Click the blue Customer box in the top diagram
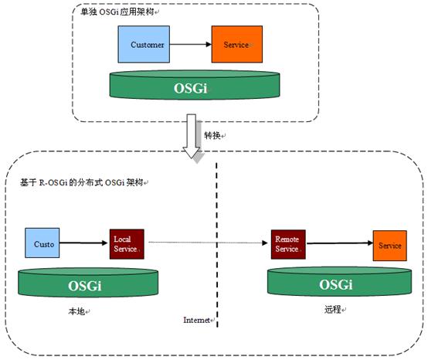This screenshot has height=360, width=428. (144, 44)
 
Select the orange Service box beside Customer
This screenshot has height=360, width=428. (237, 44)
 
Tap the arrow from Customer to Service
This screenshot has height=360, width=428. (191, 44)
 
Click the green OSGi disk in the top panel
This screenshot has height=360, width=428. (195, 85)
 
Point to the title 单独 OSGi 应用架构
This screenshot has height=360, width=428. (117, 12)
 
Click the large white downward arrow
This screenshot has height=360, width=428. (192, 136)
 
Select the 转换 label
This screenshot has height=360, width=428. (212, 135)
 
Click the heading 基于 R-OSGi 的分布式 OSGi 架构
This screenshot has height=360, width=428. (81, 182)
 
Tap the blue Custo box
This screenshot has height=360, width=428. (42, 243)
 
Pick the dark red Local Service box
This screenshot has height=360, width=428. (127, 244)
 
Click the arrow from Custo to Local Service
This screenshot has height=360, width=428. (83, 243)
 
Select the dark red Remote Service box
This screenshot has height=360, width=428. (288, 244)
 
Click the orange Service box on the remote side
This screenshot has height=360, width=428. (390, 246)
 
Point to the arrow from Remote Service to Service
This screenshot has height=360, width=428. (339, 243)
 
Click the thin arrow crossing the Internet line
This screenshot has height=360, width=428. (208, 243)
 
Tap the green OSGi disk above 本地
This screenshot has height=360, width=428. (88, 283)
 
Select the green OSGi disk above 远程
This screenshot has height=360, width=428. (340, 281)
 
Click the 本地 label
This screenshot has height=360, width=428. (76, 311)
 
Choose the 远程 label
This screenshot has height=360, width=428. (333, 310)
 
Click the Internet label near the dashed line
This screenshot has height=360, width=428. (196, 320)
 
